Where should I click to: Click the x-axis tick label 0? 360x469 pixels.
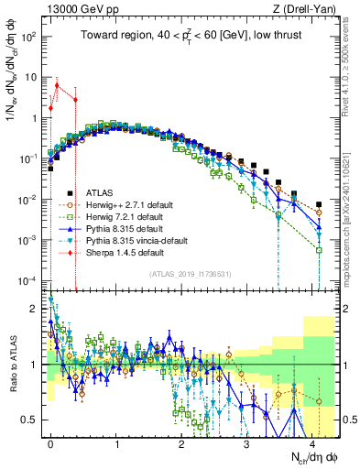tap(51, 440)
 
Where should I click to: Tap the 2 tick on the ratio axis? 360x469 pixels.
tap(35, 308)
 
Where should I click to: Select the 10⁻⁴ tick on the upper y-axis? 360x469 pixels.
tap(29, 279)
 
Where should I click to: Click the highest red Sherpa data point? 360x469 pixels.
tap(57, 85)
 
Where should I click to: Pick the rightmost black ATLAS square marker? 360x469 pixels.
tap(318, 204)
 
